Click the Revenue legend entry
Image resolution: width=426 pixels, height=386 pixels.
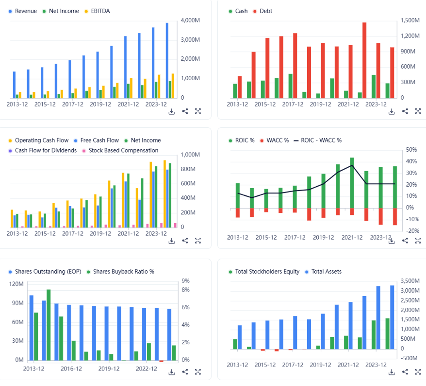click(26, 11)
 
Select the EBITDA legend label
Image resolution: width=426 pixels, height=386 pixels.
click(100, 11)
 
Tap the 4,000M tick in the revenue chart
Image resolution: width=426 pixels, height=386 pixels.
click(191, 20)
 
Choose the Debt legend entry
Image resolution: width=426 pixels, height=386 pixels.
click(266, 11)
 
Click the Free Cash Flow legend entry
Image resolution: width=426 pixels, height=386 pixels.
click(99, 140)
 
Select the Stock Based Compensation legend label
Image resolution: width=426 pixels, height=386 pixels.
click(123, 151)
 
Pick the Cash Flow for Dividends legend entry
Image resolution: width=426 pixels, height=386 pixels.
click(46, 151)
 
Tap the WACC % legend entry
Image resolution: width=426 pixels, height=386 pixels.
click(278, 140)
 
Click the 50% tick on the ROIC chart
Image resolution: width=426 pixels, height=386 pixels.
click(411, 150)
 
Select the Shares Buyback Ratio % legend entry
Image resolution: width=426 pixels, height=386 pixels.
click(123, 272)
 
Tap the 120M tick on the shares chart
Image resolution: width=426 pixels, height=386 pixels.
click(16, 284)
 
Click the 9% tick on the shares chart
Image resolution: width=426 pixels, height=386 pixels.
click(186, 281)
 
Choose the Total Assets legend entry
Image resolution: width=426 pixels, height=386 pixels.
click(326, 272)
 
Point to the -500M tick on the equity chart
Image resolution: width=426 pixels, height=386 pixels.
click(410, 358)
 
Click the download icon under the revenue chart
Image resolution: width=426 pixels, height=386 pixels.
click(172, 111)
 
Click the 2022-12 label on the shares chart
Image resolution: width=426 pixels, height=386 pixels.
click(147, 369)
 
